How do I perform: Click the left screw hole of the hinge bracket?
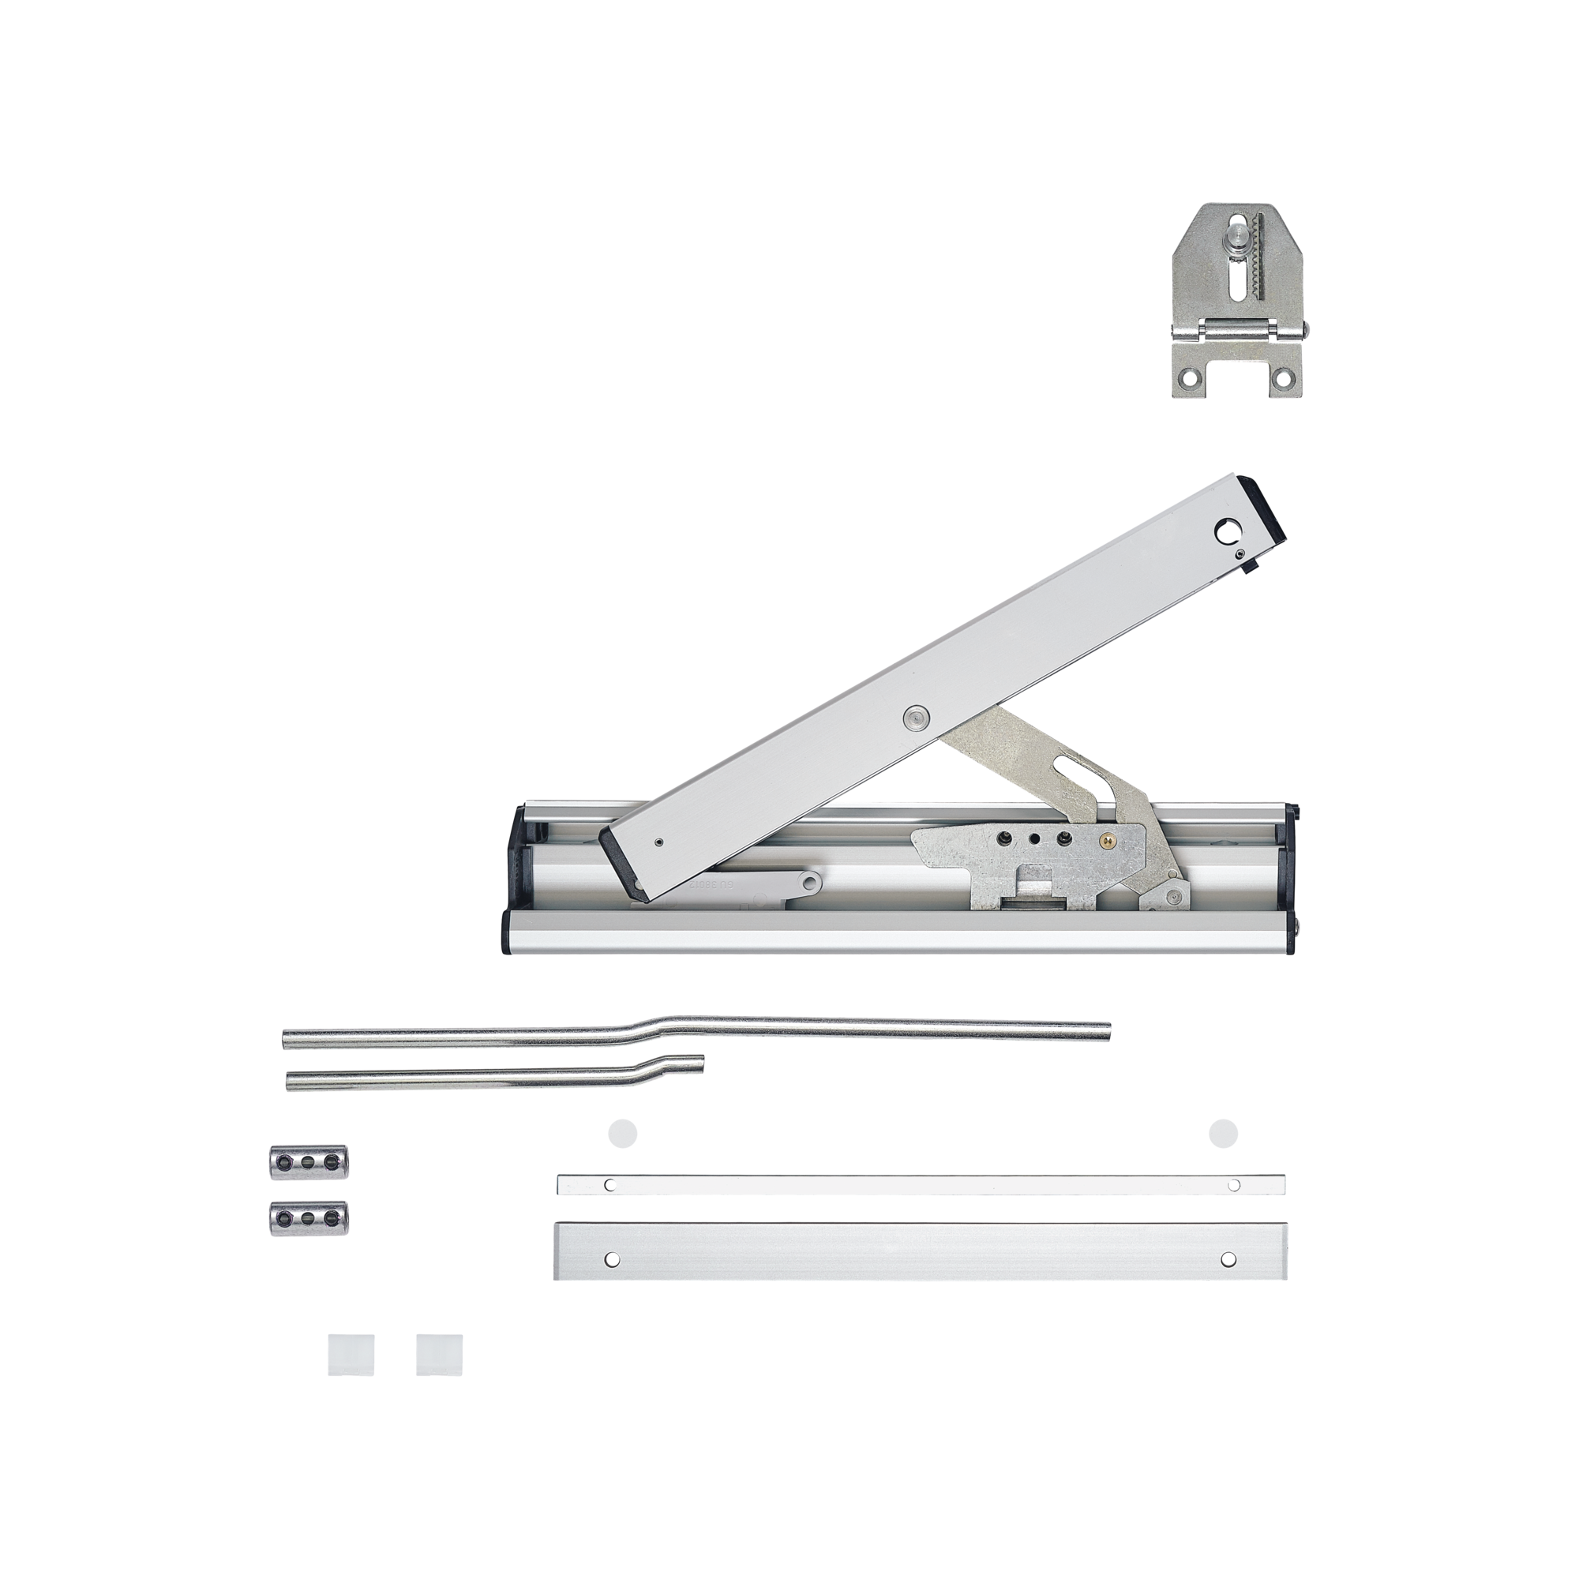pos(1186,378)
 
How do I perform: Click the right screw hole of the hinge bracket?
pos(1285,378)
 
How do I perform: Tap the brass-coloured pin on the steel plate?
pos(1105,839)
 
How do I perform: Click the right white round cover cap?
pos(1224,1134)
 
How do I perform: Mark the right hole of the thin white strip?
pos(1233,1184)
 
